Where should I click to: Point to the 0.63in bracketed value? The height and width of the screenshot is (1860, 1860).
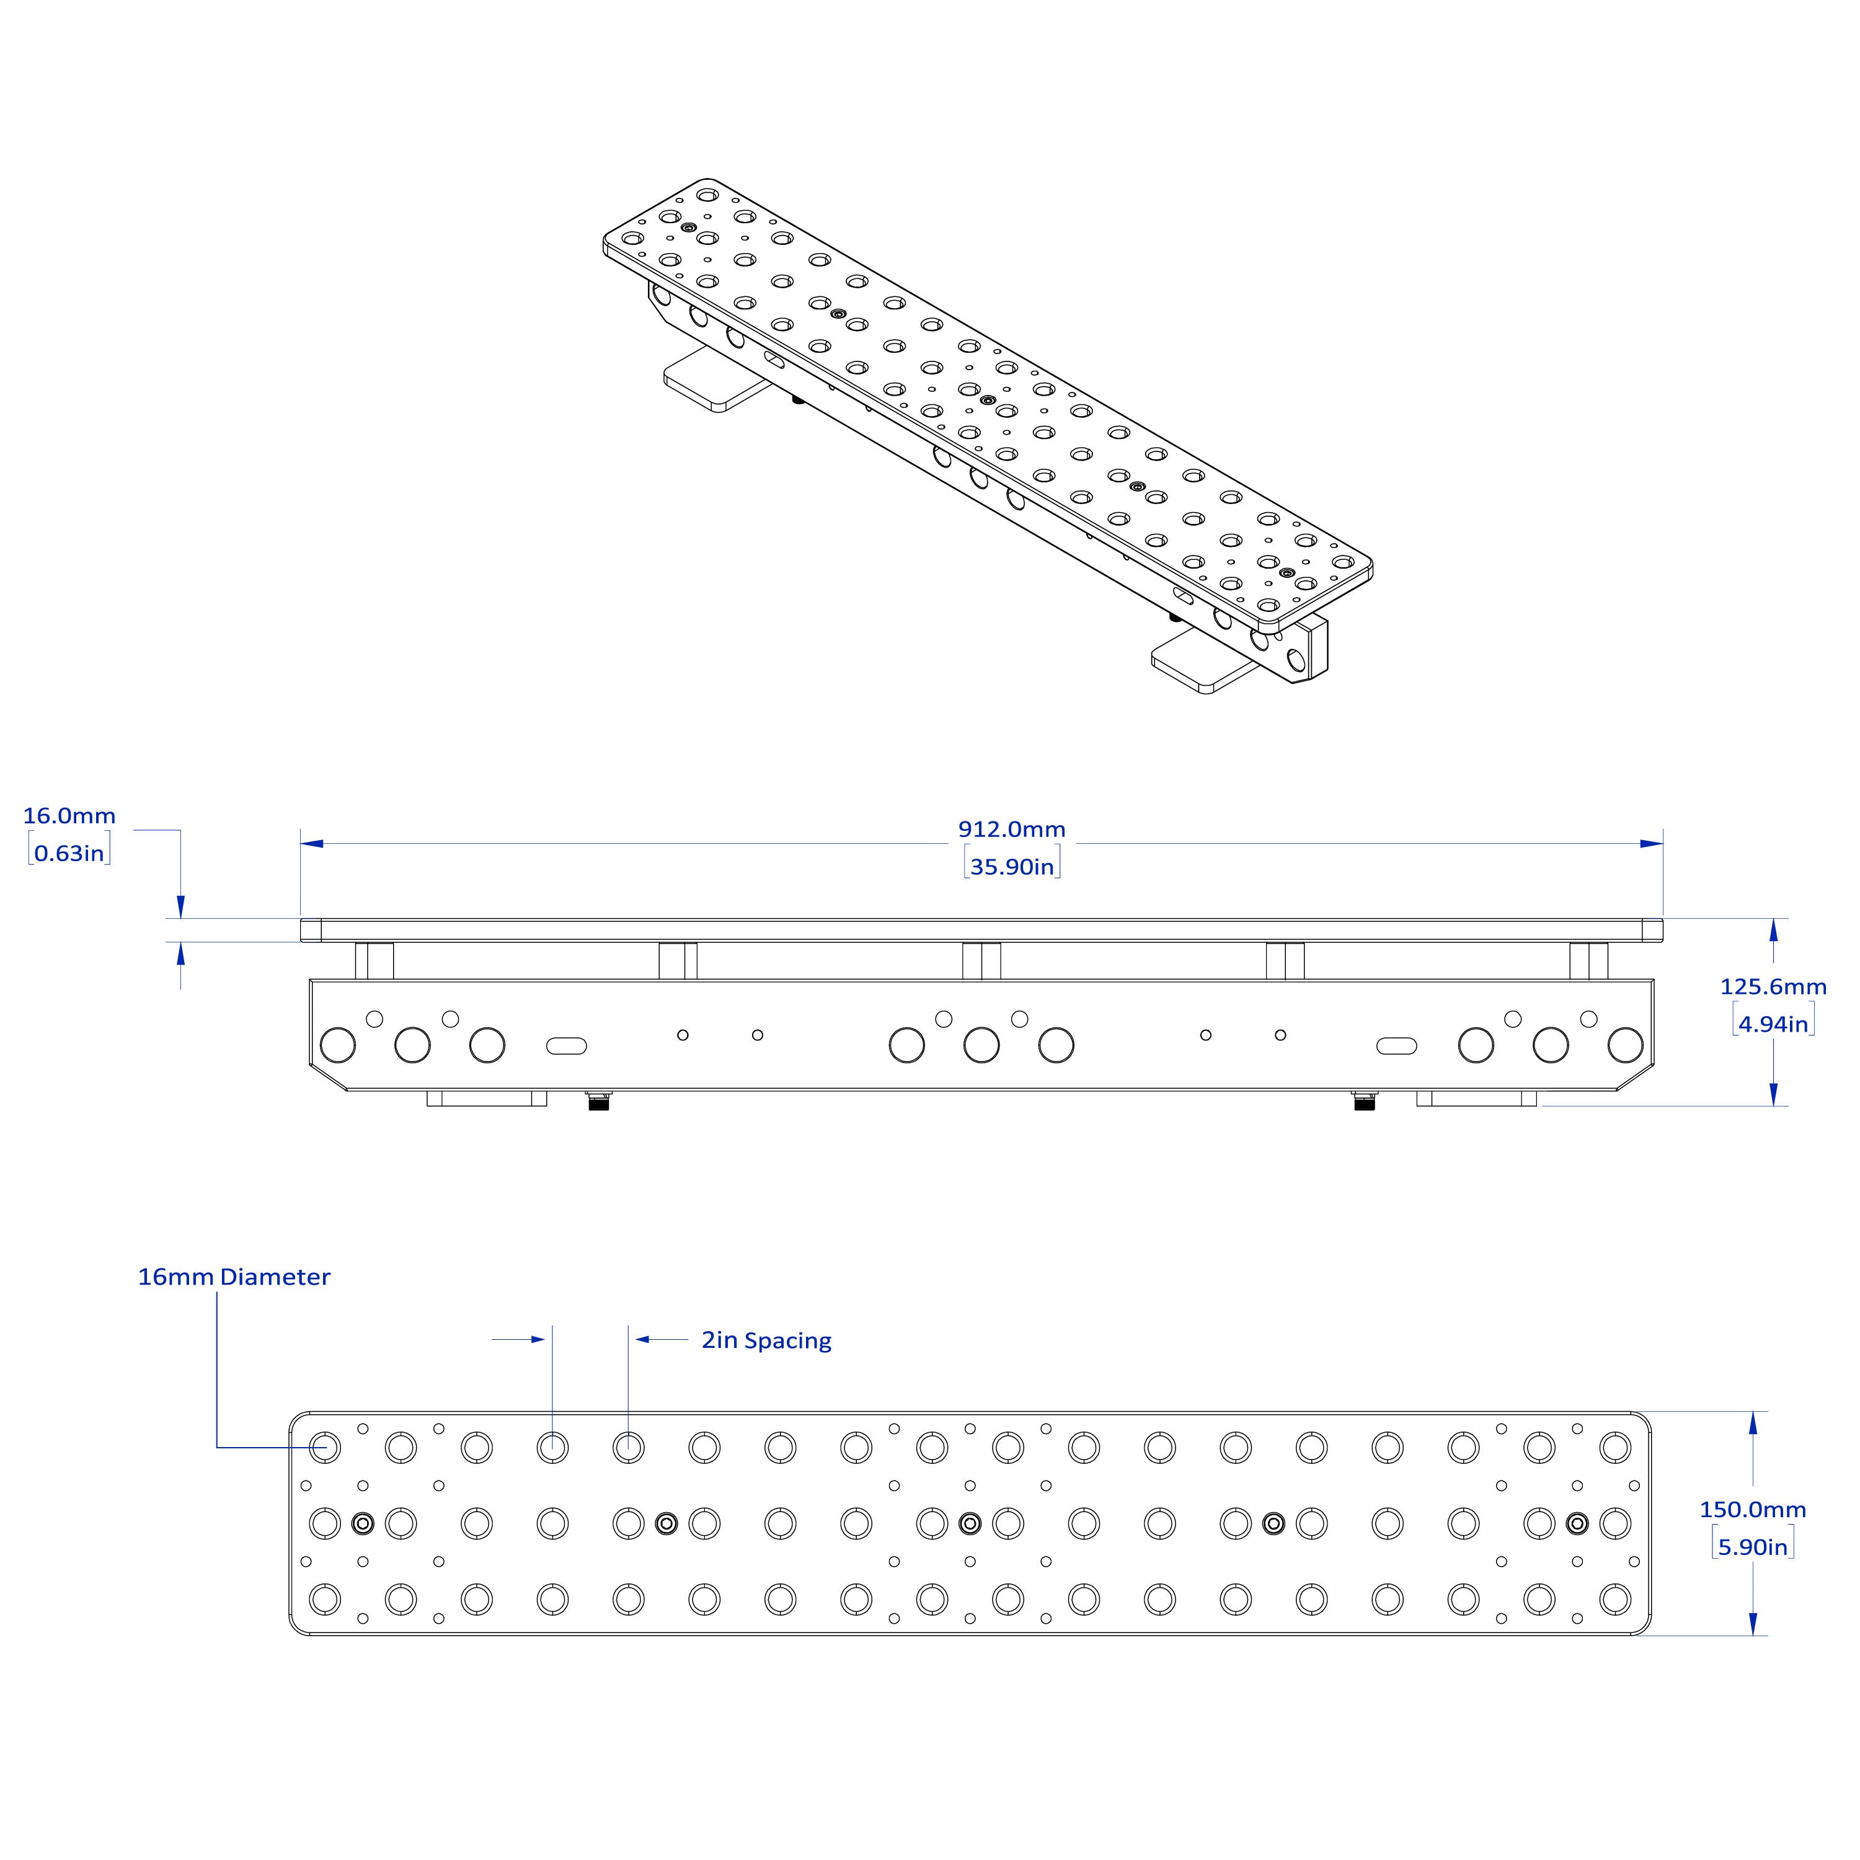69,853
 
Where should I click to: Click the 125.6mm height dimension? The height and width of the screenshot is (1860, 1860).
1773,987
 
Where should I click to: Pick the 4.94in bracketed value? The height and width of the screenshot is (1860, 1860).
1773,1024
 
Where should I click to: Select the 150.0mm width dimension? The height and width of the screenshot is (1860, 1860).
1752,1510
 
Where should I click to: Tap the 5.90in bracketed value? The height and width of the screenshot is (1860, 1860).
1752,1547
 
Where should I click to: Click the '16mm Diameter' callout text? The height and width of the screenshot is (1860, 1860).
234,1277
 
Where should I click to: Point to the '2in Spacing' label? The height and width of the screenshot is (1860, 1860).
766,1340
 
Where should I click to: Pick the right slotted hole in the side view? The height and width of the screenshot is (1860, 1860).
1397,1045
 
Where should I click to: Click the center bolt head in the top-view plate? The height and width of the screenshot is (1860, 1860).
970,1523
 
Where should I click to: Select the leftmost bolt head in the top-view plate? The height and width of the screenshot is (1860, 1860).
363,1523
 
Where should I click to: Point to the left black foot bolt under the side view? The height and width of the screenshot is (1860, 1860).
598,1100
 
